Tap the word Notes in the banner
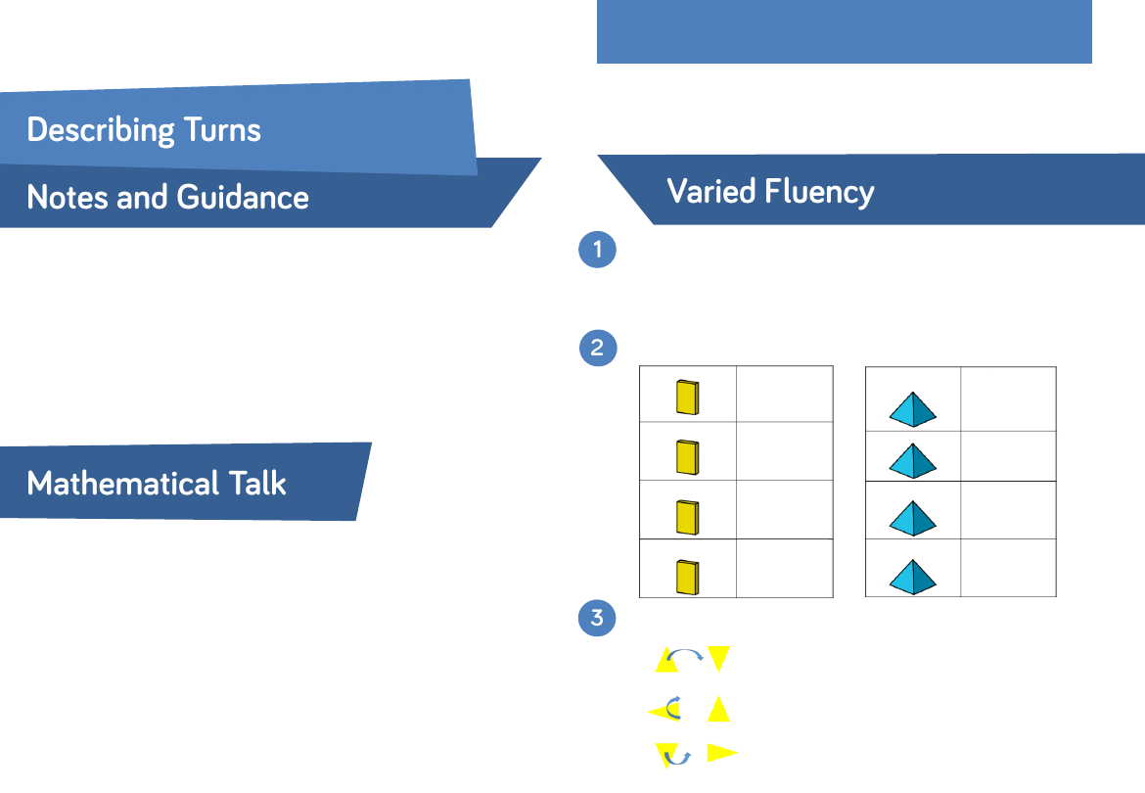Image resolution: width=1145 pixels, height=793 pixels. click(67, 198)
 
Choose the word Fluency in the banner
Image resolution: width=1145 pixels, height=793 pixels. click(820, 192)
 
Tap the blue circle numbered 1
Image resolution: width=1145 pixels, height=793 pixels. click(598, 250)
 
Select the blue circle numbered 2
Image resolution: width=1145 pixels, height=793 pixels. click(598, 349)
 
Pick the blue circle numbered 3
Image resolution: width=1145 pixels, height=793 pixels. click(598, 619)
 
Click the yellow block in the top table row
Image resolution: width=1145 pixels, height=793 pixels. click(687, 397)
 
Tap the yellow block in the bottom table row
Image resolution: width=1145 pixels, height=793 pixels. click(687, 578)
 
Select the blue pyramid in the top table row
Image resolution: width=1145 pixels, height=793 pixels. click(913, 409)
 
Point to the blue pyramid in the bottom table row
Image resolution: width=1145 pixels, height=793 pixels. click(913, 577)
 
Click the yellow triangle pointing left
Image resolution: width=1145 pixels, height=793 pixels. click(662, 712)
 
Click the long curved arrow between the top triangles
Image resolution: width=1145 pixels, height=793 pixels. click(685, 655)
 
